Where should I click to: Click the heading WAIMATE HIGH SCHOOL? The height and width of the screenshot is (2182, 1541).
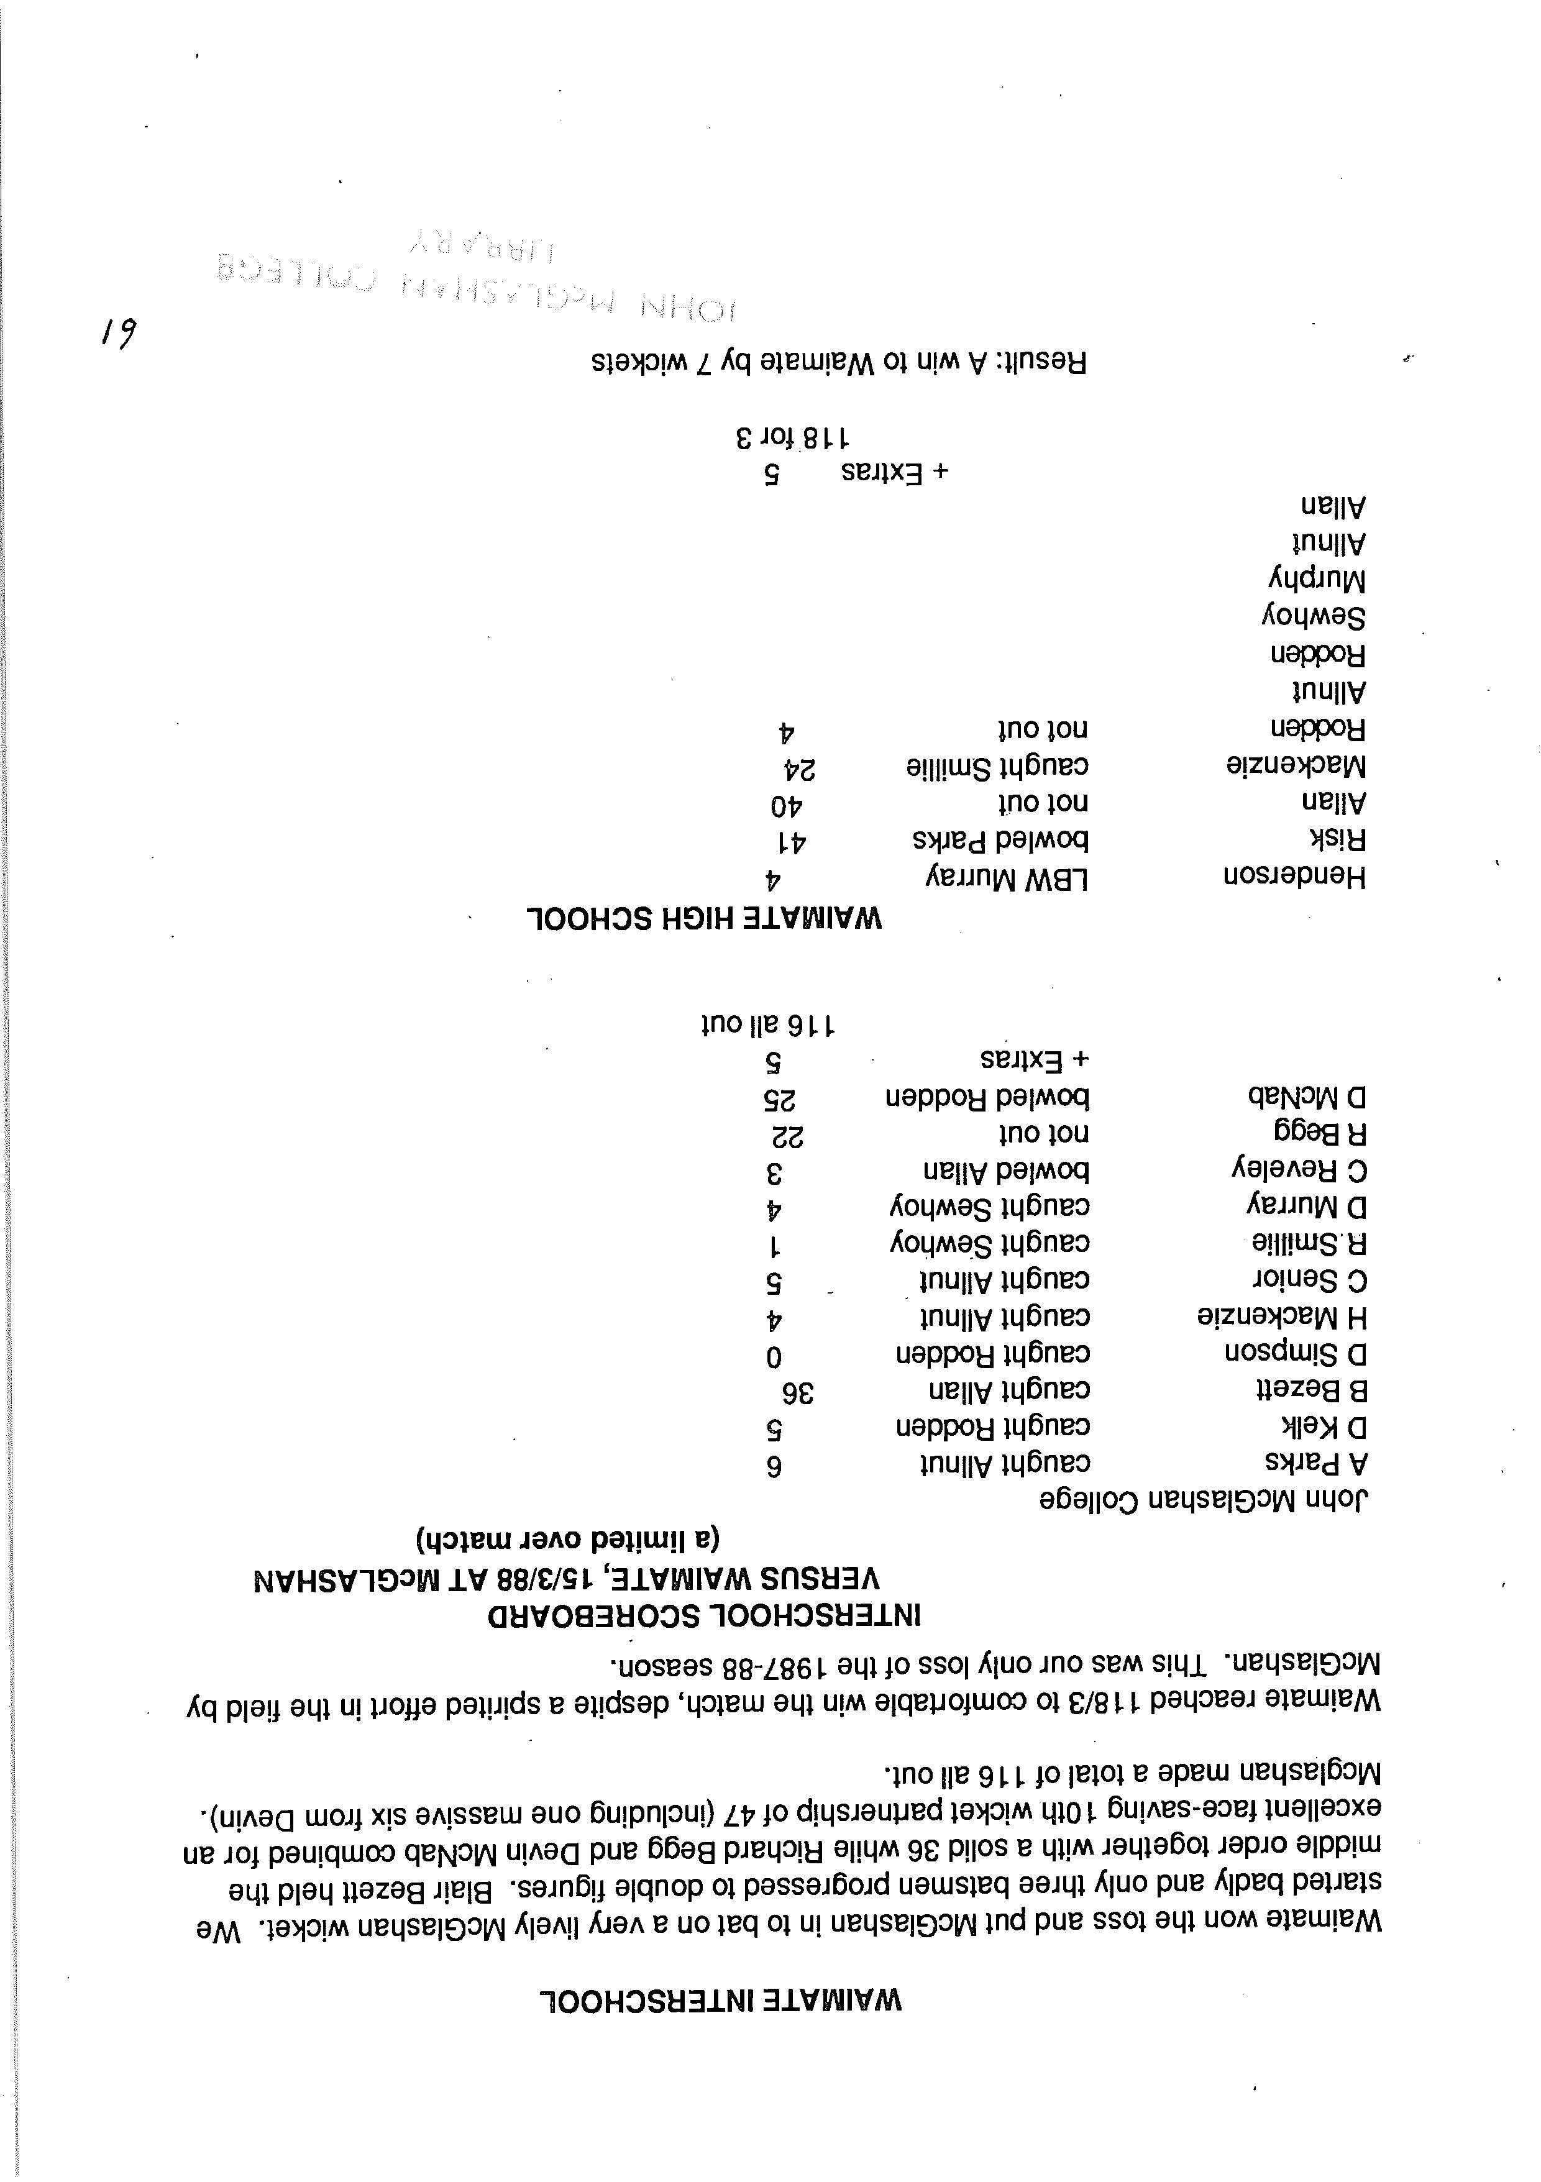[705, 919]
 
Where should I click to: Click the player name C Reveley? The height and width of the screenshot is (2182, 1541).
[1299, 1170]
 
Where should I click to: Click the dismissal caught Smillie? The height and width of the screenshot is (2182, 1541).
[997, 767]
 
